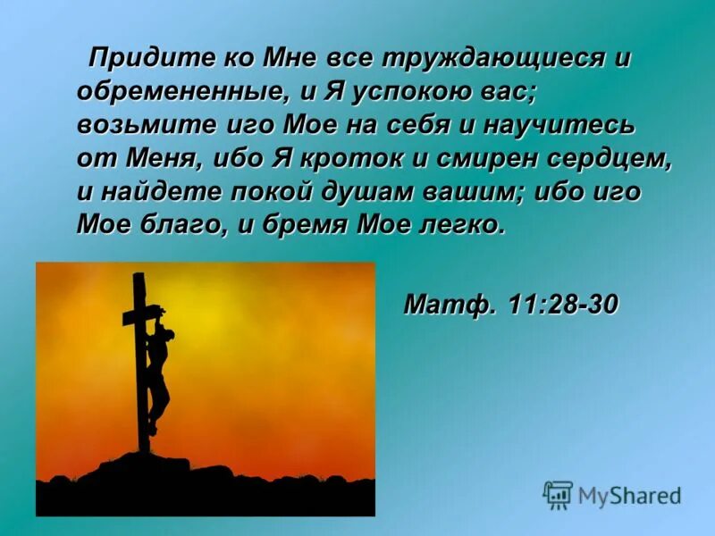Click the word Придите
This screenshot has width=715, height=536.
click(x=147, y=59)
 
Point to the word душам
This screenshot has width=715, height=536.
click(x=395, y=191)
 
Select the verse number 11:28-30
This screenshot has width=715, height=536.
click(x=563, y=304)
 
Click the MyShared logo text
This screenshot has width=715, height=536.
click(x=629, y=494)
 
